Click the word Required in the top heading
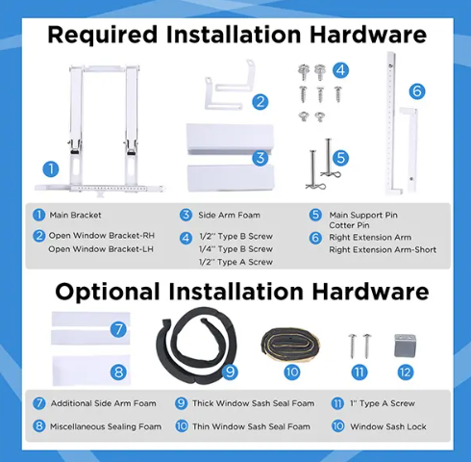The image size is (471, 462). point(103,35)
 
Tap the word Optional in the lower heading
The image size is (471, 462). point(108,292)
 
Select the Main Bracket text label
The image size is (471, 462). point(75,216)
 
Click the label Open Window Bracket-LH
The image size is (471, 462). point(101,249)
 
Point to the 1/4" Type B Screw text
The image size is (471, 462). point(235,249)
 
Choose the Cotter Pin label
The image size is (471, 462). point(349,225)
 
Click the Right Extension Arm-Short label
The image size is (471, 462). point(383,249)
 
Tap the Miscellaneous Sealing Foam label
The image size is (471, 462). point(106,426)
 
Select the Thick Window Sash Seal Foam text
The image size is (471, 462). point(253,403)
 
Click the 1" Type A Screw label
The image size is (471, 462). point(383,403)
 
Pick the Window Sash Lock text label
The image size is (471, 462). point(388,426)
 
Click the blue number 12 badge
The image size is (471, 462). point(406,372)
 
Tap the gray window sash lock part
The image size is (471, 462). point(405,346)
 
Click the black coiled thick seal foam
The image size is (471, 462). point(196,345)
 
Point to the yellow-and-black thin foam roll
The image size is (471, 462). point(290,344)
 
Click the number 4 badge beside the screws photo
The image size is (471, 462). point(340,70)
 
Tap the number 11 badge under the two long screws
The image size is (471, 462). point(359,372)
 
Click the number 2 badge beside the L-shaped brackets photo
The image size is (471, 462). point(260,102)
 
